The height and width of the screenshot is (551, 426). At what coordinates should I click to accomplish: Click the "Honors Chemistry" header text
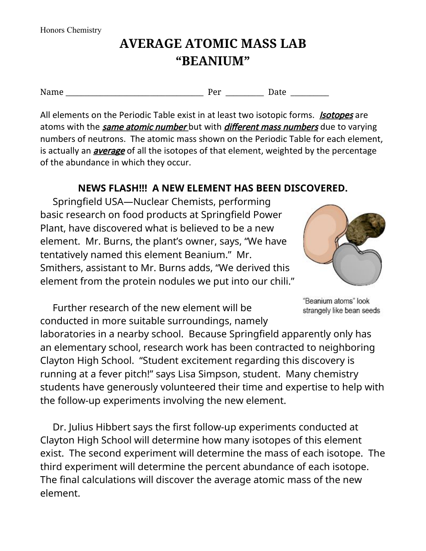[x=70, y=30]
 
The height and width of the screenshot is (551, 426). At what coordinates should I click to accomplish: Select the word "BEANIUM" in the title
[x=213, y=61]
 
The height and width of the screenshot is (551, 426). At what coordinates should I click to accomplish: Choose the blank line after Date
[x=309, y=92]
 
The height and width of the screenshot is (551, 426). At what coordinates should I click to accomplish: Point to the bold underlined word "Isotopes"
[x=336, y=115]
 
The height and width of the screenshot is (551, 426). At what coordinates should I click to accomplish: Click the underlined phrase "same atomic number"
[x=144, y=127]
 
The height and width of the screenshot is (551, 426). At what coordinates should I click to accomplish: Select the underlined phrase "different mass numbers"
[x=271, y=127]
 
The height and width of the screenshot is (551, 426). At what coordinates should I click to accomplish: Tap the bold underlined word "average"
[x=109, y=151]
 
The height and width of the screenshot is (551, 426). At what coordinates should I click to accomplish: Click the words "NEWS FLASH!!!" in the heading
[x=112, y=188]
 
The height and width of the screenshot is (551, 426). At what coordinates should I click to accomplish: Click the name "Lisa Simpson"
[x=225, y=374]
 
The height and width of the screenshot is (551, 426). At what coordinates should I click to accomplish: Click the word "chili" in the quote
[x=281, y=281]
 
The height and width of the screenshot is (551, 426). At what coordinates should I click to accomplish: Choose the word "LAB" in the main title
[x=293, y=44]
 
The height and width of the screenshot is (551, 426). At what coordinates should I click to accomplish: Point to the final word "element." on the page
[x=60, y=493]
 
